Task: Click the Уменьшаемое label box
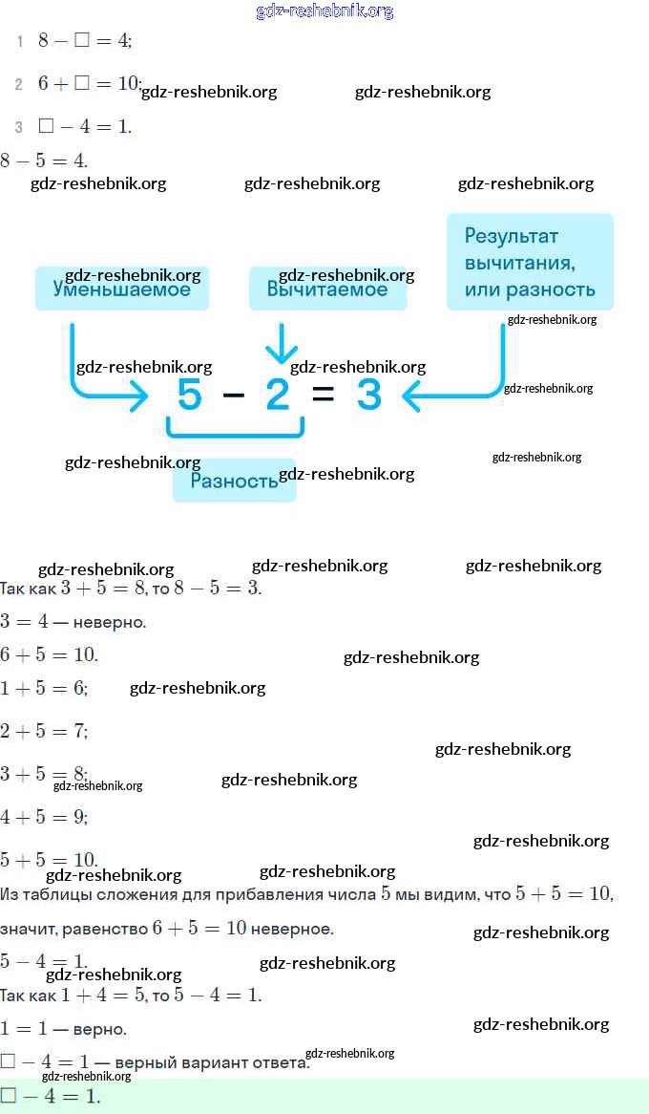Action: pyautogui.click(x=121, y=289)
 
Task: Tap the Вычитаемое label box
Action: pyautogui.click(x=327, y=289)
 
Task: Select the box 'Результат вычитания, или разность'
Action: pyautogui.click(x=530, y=262)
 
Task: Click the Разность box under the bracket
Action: pyautogui.click(x=234, y=481)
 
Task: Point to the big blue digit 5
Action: pyautogui.click(x=190, y=394)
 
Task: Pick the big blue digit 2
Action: pyautogui.click(x=278, y=394)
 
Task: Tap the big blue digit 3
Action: pyautogui.click(x=368, y=394)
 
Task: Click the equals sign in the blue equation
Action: pyautogui.click(x=324, y=394)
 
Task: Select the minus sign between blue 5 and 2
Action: pyautogui.click(x=234, y=394)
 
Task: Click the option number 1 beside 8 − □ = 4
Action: pyautogui.click(x=19, y=41)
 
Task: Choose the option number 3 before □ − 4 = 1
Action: pyautogui.click(x=19, y=127)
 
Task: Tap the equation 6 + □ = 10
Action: pyautogui.click(x=89, y=84)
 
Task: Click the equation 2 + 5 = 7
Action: pyautogui.click(x=44, y=731)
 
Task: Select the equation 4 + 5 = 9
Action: pyautogui.click(x=44, y=817)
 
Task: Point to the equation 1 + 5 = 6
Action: pyautogui.click(x=44, y=688)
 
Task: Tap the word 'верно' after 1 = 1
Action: pyautogui.click(x=99, y=1029)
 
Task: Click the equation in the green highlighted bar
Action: pyautogui.click(x=51, y=1096)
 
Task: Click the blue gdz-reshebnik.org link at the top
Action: pyautogui.click(x=324, y=11)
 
